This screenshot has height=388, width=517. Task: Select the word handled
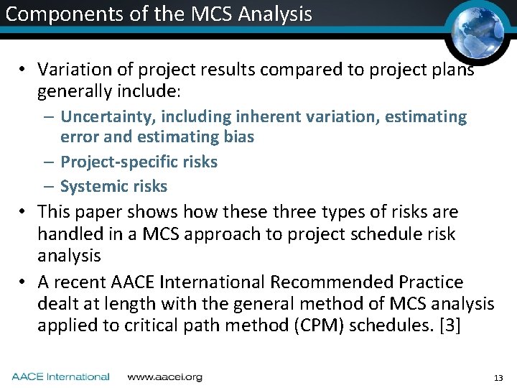pyautogui.click(x=66, y=234)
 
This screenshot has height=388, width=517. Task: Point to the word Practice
pyautogui.click(x=428, y=282)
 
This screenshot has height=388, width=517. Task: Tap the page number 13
pyautogui.click(x=498, y=378)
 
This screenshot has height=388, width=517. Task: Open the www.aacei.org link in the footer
pyautogui.click(x=164, y=377)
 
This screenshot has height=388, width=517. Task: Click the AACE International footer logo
pyautogui.click(x=60, y=377)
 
